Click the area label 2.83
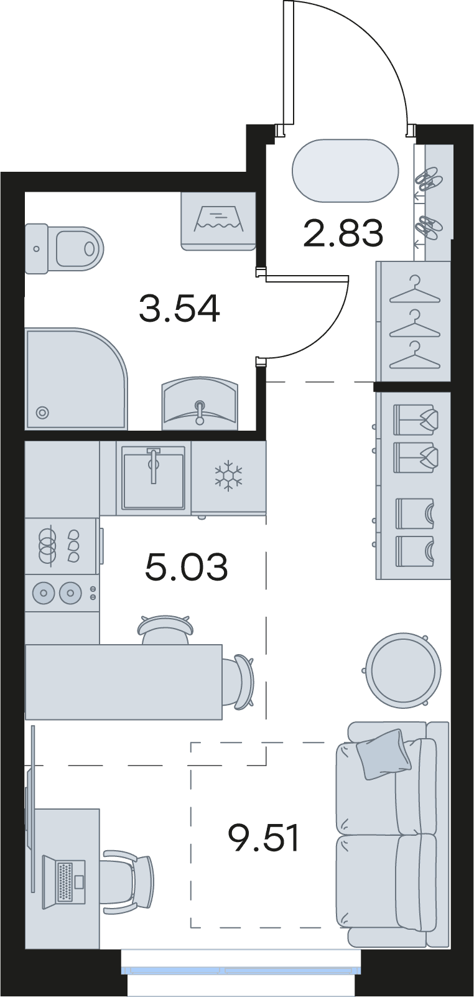pyautogui.click(x=343, y=233)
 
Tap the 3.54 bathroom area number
pyautogui.click(x=179, y=309)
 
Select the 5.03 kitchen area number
pyautogui.click(x=187, y=567)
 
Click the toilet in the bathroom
pyautogui.click(x=63, y=248)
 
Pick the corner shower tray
pyautogui.click(x=76, y=379)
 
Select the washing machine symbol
pyautogui.click(x=218, y=221)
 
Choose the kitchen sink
pyautogui.click(x=154, y=478)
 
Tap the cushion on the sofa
pyautogui.click(x=384, y=754)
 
